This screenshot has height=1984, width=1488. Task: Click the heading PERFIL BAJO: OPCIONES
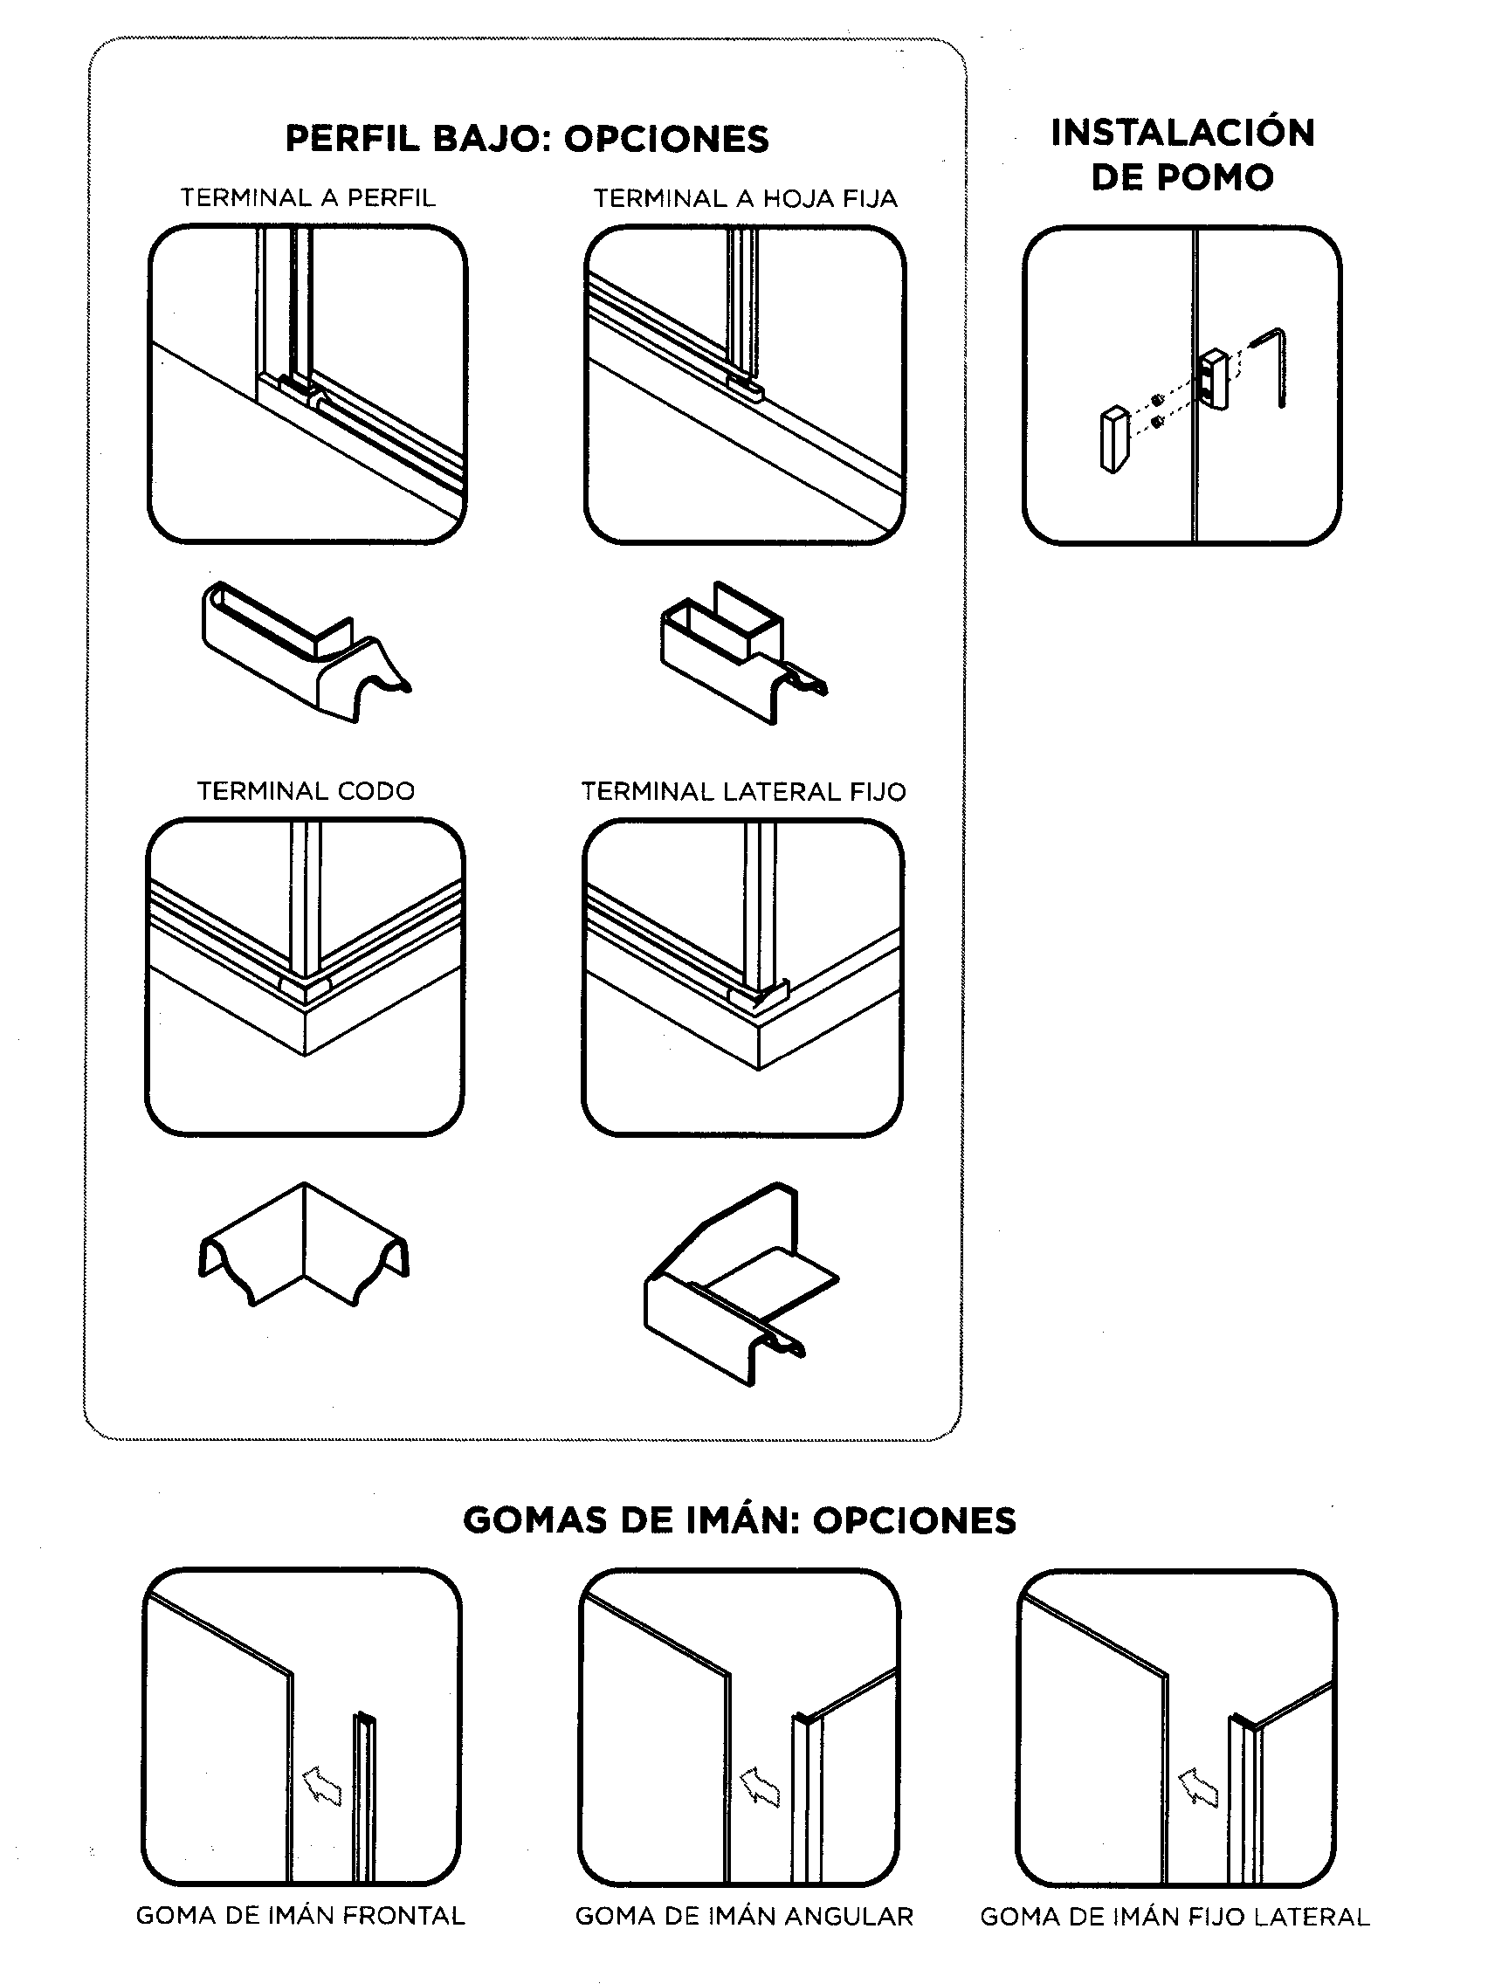coord(527,139)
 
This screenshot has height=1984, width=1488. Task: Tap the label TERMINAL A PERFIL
coord(307,198)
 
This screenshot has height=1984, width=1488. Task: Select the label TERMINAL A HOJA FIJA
coord(745,199)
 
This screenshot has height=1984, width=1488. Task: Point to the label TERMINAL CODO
coord(305,791)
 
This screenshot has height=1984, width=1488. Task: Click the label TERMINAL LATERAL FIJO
coord(742,792)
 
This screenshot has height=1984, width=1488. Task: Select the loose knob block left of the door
coord(1113,439)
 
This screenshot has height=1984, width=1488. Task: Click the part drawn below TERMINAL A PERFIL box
coord(300,652)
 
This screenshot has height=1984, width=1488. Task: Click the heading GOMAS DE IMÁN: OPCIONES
coord(739,1520)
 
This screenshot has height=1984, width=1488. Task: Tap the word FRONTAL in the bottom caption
coord(403,1917)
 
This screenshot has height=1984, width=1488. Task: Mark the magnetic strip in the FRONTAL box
coord(363,1794)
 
